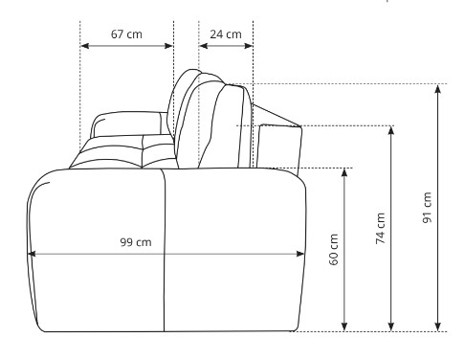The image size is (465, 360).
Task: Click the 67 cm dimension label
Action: pyautogui.click(x=126, y=34)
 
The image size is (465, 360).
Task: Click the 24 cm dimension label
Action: pyautogui.click(x=226, y=34)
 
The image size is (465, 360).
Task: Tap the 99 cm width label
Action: pyautogui.click(x=136, y=242)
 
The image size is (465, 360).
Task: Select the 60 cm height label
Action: pyautogui.click(x=333, y=250)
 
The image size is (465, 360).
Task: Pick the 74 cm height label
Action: pyautogui.click(x=380, y=229)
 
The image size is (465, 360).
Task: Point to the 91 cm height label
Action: pyautogui.click(x=427, y=208)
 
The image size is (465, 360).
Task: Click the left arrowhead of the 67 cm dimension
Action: pyautogui.click(x=84, y=46)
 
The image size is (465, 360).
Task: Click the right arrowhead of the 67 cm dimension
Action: pyautogui.click(x=168, y=46)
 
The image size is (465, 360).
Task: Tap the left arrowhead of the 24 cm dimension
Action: pyautogui.click(x=203, y=46)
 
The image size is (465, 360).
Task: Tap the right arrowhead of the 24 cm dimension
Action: pyautogui.click(x=249, y=46)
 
